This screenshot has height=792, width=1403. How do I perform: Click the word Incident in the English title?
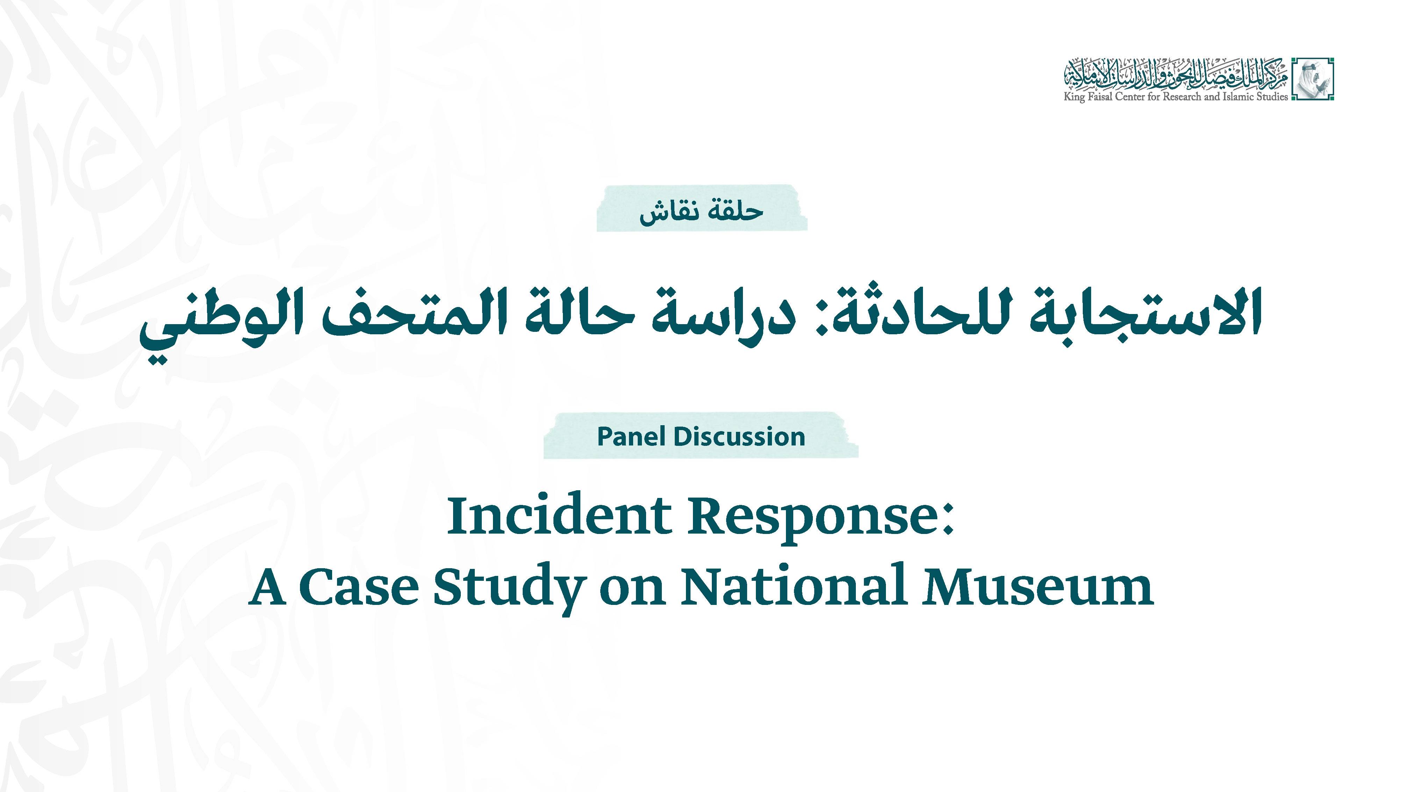(558, 516)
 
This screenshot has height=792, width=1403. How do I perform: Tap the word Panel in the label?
(631, 437)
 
